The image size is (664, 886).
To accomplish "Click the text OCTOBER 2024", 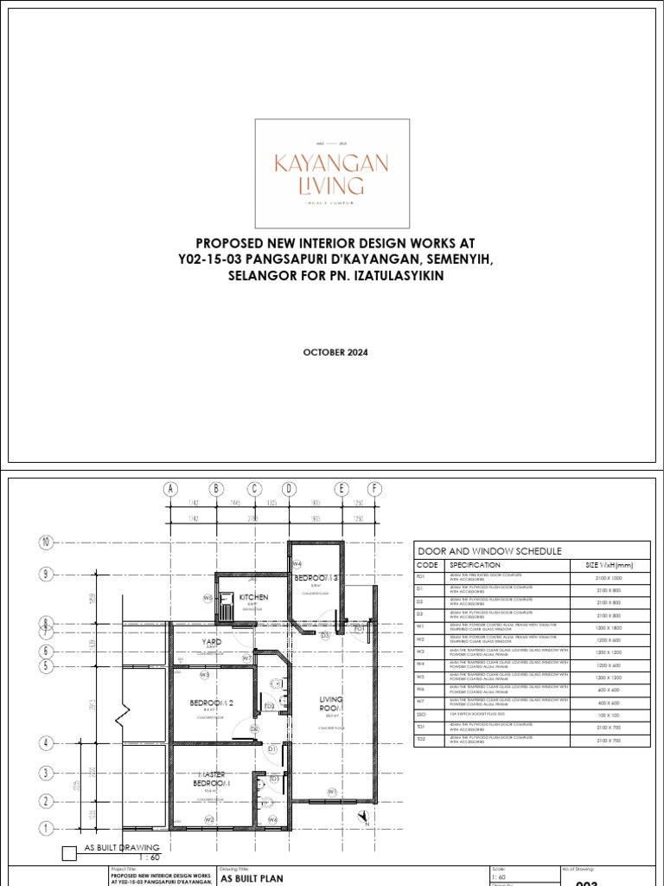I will pos(331,351).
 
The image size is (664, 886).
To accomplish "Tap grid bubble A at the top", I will pos(171,490).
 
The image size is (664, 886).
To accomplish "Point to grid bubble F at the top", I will pos(374,490).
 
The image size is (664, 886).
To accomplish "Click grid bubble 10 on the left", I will pos(46,543).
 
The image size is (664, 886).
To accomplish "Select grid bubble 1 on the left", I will pos(46,828).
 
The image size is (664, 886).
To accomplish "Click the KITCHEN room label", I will pos(253,597).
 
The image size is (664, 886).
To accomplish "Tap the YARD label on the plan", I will pos(212,642).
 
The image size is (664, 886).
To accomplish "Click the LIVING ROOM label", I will pos(331,703).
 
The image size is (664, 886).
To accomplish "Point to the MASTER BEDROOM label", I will pos(213,779).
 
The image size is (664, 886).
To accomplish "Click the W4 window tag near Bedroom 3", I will pos(297,564).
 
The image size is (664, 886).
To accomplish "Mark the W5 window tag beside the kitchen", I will pos(207,598).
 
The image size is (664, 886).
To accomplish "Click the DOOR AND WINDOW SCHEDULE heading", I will pos(490,551).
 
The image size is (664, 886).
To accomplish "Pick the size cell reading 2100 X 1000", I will pos(609,575).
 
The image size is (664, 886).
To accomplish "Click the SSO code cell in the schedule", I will pos(422,716).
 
